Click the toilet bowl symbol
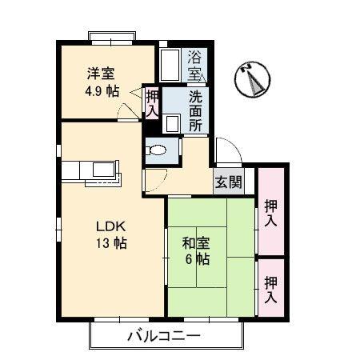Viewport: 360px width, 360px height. tap(156, 150)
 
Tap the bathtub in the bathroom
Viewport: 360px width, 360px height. tap(170, 65)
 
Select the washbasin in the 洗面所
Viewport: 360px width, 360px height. tap(171, 123)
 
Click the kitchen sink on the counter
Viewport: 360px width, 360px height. tap(104, 170)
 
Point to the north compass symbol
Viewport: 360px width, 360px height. tap(252, 79)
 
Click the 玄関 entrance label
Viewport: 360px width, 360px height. tap(229, 182)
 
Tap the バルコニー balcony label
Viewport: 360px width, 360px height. tap(164, 336)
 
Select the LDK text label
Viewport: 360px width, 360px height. tap(110, 226)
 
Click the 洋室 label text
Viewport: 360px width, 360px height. tap(101, 74)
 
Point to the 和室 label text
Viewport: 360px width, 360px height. tap(196, 243)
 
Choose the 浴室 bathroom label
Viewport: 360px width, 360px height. tap(194, 65)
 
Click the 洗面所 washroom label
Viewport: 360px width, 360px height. tap(195, 111)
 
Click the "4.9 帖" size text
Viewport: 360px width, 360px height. tap(102, 91)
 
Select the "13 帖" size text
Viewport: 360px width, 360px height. tap(111, 243)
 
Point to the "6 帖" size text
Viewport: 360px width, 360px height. tap(198, 259)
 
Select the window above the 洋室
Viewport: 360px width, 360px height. tap(112, 38)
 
